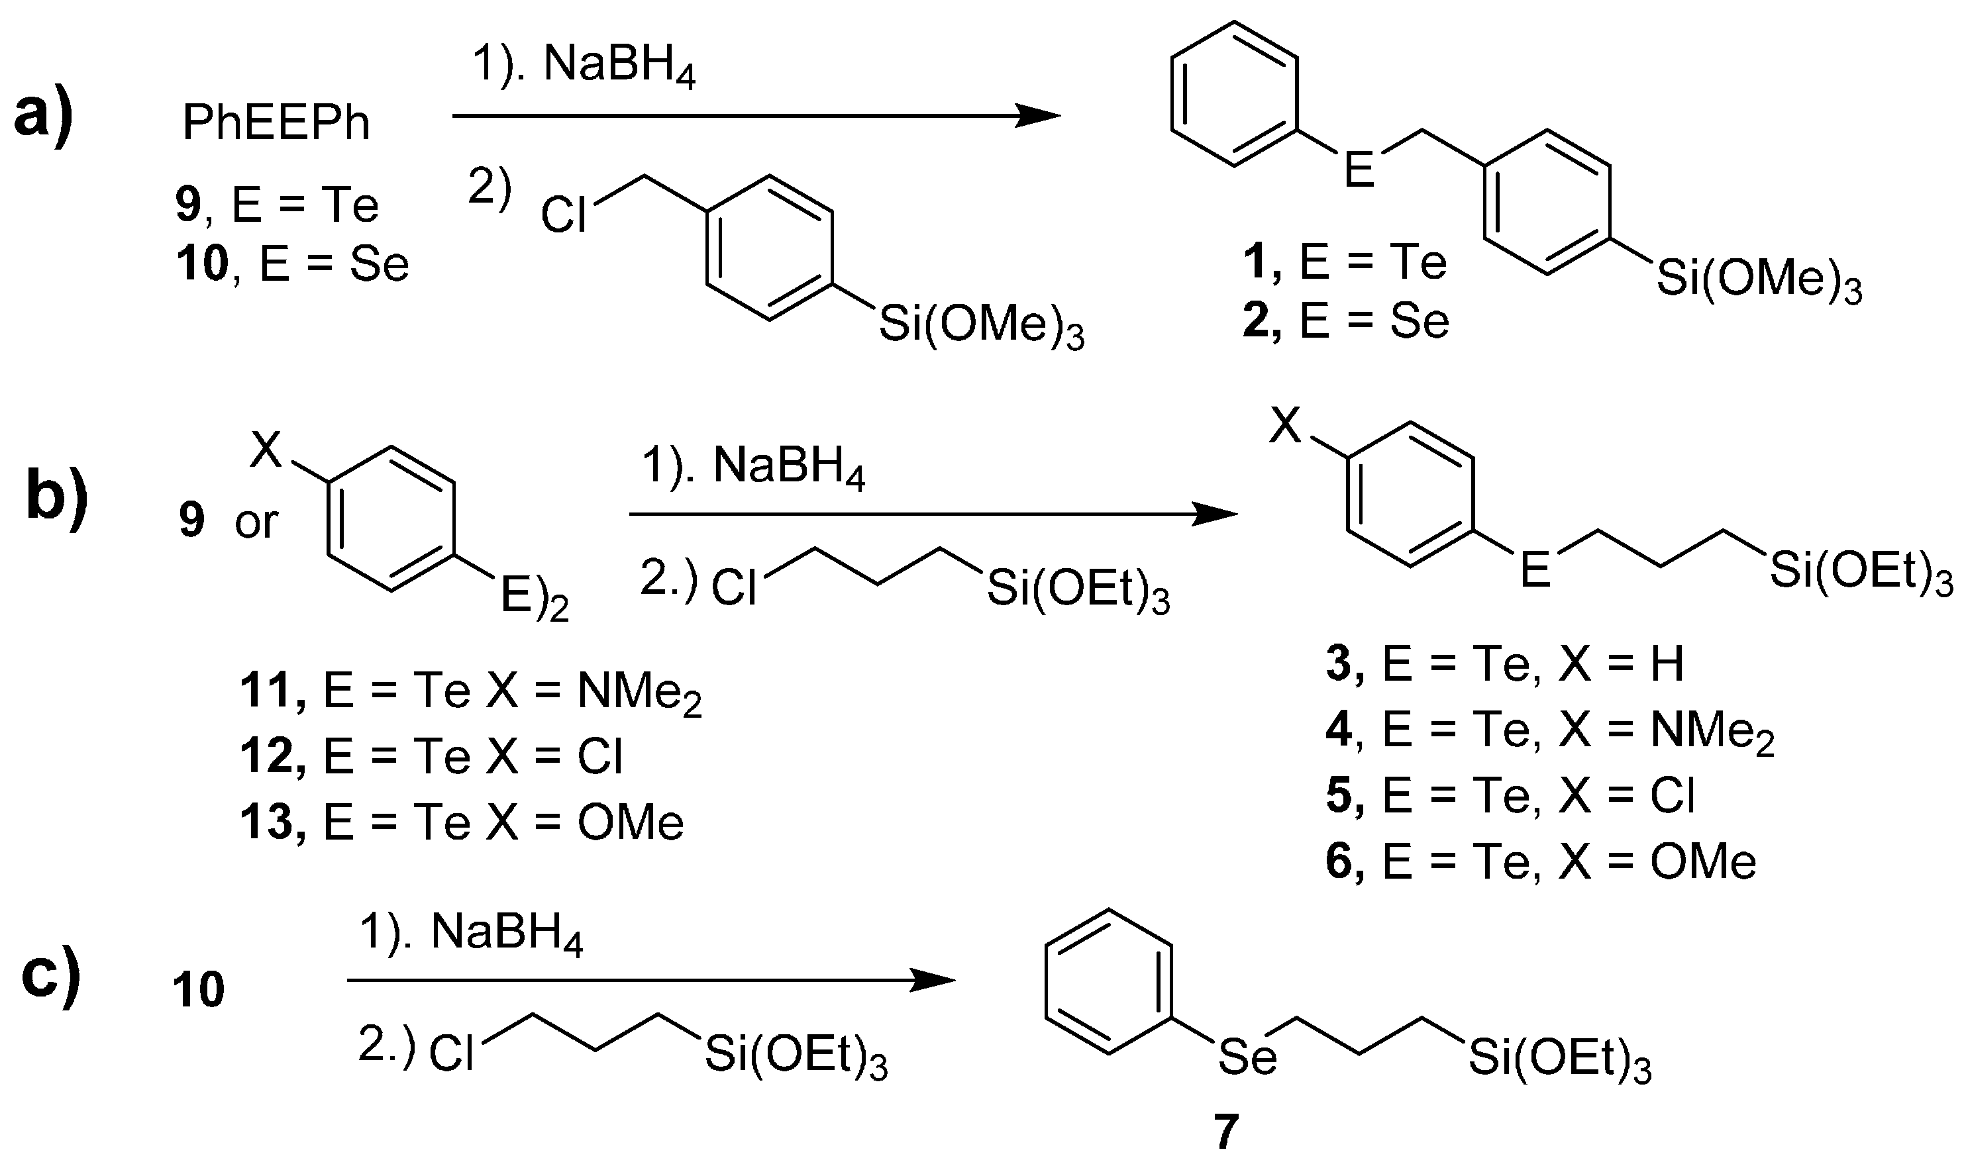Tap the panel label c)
coord(50,976)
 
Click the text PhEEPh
coord(276,124)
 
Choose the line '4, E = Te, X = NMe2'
coord(1549,730)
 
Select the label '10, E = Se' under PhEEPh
coord(293,264)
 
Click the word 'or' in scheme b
coord(256,521)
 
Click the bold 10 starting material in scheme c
coord(198,989)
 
